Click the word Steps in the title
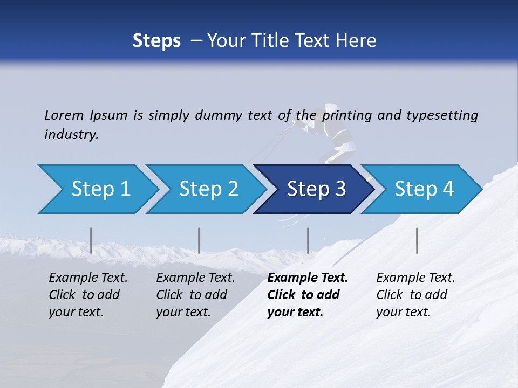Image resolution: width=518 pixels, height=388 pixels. [x=156, y=41]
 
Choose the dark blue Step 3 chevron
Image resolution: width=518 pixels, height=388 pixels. [x=316, y=189]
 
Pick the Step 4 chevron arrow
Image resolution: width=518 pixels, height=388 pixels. [x=424, y=189]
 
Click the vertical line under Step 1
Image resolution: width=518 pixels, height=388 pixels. [x=91, y=240]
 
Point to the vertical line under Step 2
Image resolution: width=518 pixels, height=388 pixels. [x=199, y=240]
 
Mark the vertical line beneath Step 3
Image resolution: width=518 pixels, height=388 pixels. [x=308, y=240]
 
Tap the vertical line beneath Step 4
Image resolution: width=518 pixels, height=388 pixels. [x=417, y=240]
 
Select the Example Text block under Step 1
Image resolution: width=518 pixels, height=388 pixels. [x=88, y=295]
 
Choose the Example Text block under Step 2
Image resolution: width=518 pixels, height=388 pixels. [x=195, y=295]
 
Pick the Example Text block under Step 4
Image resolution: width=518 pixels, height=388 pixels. [x=415, y=295]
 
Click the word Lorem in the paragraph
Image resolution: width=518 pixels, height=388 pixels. [x=64, y=115]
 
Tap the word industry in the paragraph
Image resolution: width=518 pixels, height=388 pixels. [x=71, y=135]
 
